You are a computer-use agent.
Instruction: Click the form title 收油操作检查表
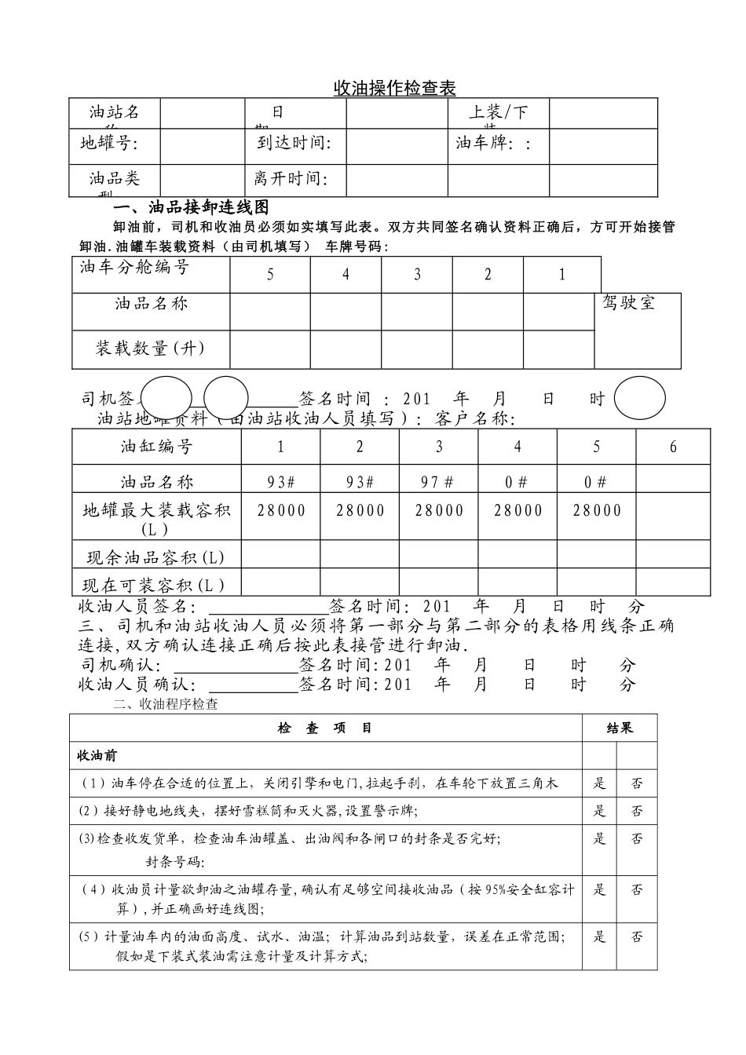point(394,88)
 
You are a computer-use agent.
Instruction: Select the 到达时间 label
point(294,143)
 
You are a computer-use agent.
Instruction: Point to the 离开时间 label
point(291,179)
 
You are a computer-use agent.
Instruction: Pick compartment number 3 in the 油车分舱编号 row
point(417,275)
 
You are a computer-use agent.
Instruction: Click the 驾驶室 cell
point(628,303)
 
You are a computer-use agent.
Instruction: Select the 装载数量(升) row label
point(150,349)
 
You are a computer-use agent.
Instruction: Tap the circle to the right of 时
point(639,399)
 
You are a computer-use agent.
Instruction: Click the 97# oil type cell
point(438,481)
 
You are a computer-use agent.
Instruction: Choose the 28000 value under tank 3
point(439,510)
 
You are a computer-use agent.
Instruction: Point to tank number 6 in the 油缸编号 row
point(673,447)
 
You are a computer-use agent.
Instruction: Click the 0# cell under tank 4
point(517,481)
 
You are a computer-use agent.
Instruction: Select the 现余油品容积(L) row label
point(155,557)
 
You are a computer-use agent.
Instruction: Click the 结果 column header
point(620,728)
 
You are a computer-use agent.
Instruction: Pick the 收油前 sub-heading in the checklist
point(97,755)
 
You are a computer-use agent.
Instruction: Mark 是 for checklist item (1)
point(600,783)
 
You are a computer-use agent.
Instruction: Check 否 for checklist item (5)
point(637,936)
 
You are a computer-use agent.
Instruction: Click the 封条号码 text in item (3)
point(175,863)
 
